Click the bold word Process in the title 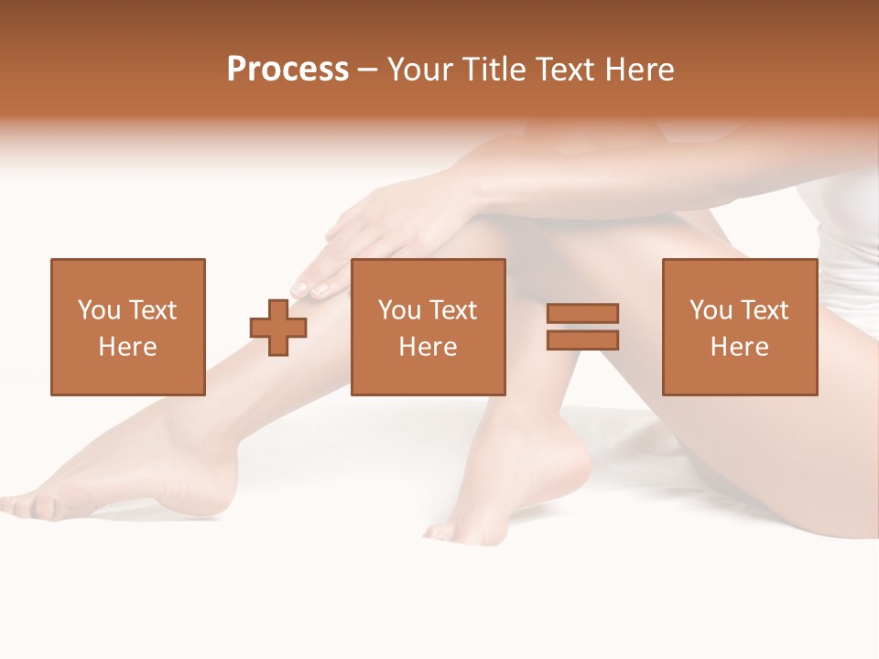(x=288, y=70)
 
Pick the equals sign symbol (x=582, y=327)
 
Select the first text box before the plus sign (x=127, y=327)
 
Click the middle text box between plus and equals (x=428, y=327)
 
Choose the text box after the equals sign (x=739, y=327)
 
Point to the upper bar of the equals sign (x=582, y=314)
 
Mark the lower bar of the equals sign (x=582, y=340)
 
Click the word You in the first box (x=99, y=310)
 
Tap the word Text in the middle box (x=451, y=310)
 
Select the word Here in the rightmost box (x=739, y=347)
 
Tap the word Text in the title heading (x=567, y=70)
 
